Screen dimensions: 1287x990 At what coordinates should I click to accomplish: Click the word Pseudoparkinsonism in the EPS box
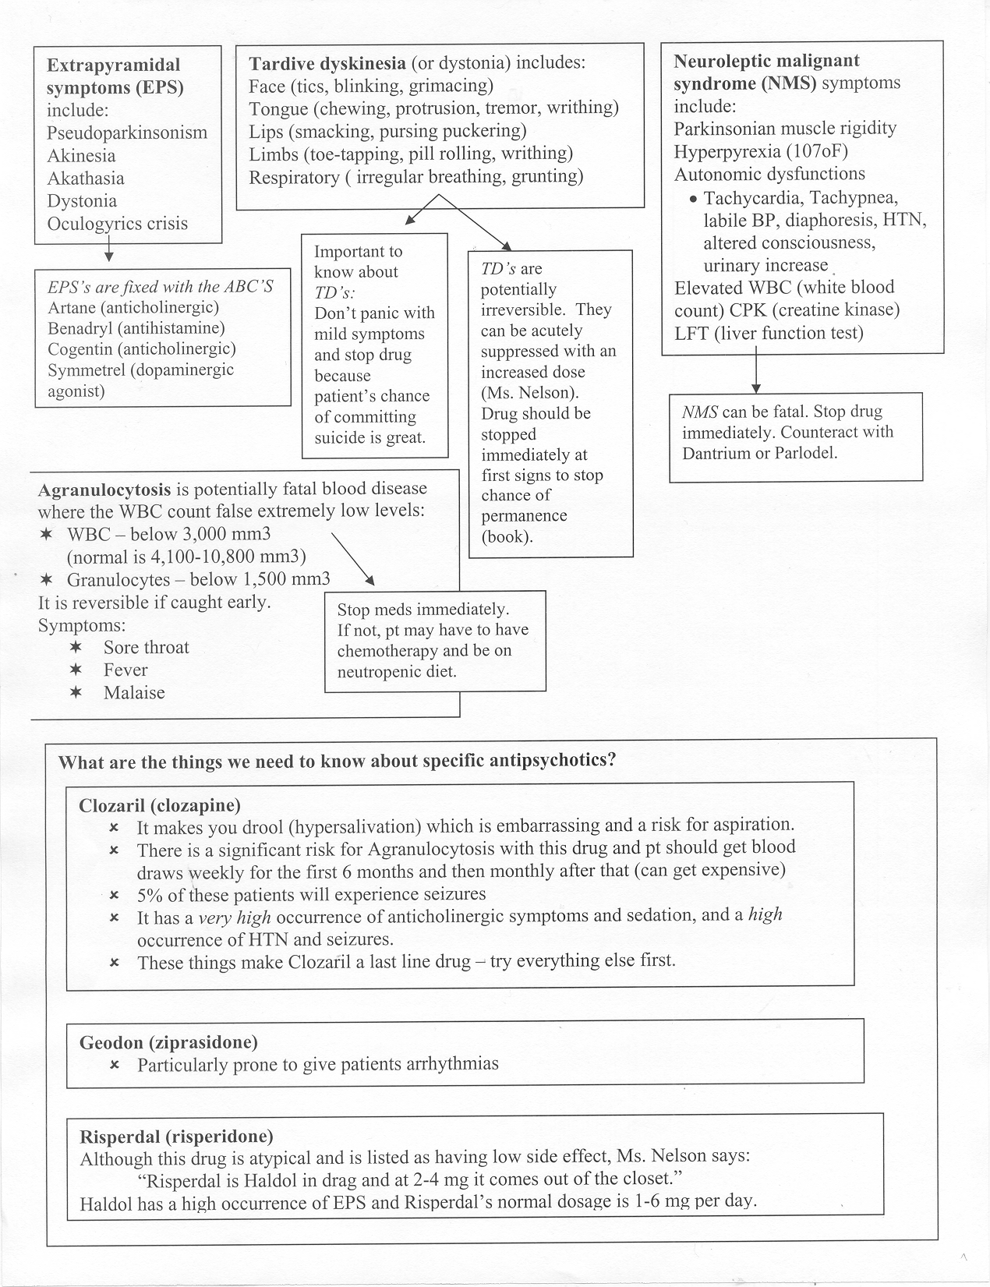coord(126,133)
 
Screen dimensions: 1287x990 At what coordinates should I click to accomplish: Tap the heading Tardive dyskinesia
coord(327,63)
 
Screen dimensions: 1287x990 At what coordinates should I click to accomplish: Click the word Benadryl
coord(81,328)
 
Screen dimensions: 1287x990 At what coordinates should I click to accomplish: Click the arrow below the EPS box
coord(108,253)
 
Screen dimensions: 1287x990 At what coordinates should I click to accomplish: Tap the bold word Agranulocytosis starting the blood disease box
coord(104,490)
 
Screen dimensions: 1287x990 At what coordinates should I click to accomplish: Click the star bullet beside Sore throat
coord(75,648)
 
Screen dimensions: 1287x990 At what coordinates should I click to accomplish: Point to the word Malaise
coord(134,693)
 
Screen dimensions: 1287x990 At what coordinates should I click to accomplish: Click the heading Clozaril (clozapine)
coord(160,805)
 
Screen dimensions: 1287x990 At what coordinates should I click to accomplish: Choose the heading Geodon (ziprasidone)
coord(168,1042)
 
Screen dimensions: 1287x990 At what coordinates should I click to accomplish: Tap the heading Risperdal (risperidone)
coord(176,1136)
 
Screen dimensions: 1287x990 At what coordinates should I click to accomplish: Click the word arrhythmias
coord(452,1064)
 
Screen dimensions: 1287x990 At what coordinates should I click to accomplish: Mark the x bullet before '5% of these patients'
coord(114,895)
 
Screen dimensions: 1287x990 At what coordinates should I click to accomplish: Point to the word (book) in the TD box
coord(507,536)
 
